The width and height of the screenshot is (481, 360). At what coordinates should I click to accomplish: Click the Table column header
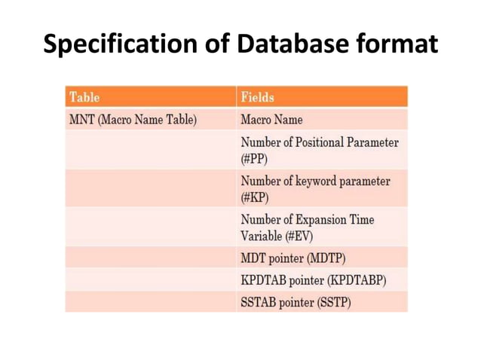tap(84, 97)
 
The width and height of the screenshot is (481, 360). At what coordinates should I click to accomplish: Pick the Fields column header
tap(258, 97)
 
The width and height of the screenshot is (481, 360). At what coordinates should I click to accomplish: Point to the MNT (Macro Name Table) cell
tap(133, 120)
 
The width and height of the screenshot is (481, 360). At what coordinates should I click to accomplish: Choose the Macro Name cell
tap(271, 120)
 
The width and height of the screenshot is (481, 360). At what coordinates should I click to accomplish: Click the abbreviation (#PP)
tap(254, 159)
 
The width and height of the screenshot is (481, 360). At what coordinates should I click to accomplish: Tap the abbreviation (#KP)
tap(254, 198)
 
